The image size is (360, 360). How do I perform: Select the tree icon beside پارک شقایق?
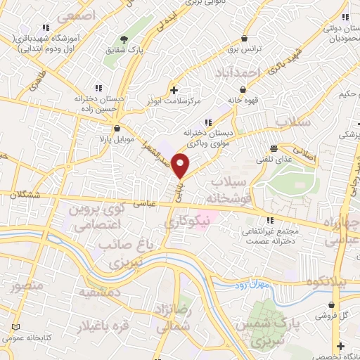coord(124,38)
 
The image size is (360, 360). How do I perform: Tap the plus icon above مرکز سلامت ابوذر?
coord(174,90)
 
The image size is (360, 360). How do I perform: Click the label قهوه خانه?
coord(243,100)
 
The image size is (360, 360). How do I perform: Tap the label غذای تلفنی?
coord(283,160)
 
